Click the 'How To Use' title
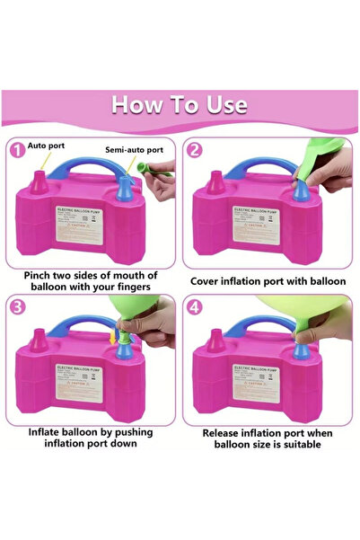(x=180, y=103)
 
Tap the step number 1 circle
(x=18, y=149)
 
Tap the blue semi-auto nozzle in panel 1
(x=126, y=191)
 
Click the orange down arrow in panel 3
(x=111, y=338)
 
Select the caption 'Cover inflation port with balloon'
(x=268, y=281)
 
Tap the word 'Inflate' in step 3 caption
(x=46, y=432)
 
